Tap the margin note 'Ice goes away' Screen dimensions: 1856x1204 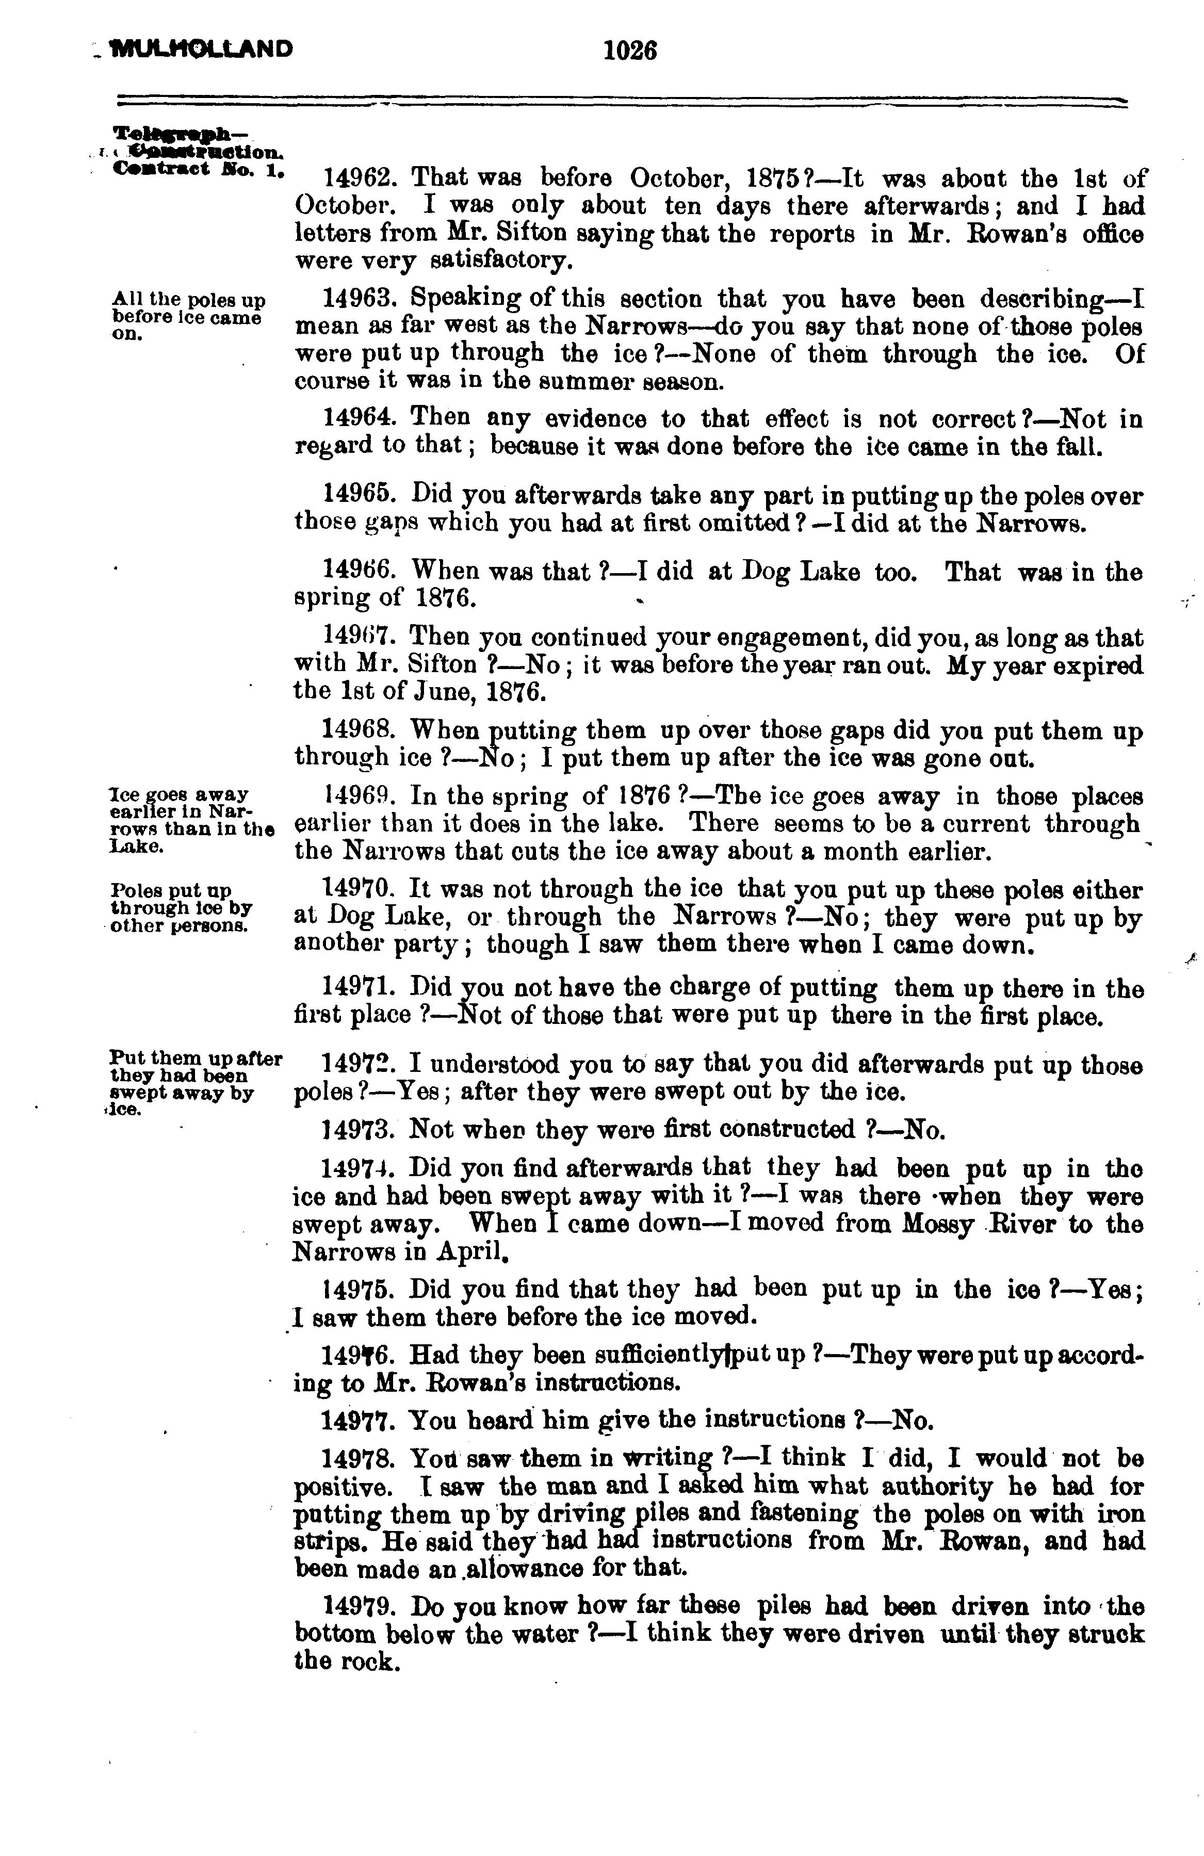point(180,794)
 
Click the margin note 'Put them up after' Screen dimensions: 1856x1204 point(197,1058)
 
